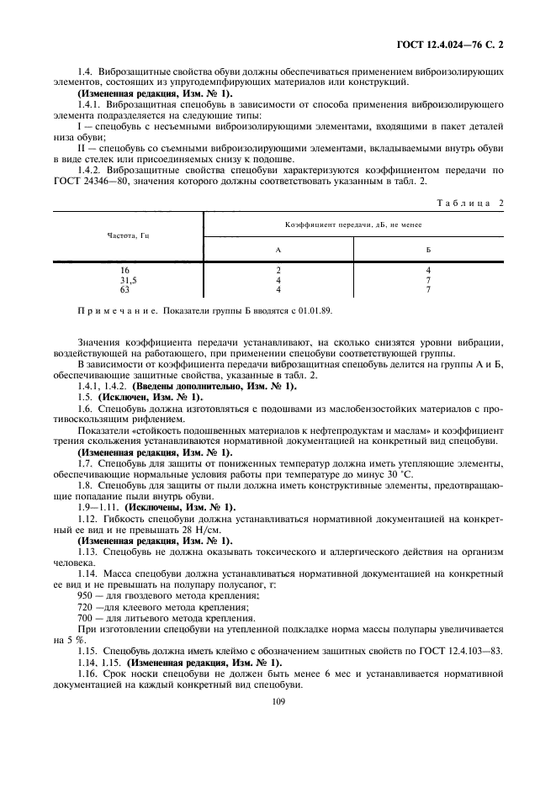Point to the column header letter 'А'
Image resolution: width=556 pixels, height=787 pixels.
coord(278,250)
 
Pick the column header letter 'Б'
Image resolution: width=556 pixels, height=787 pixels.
coord(428,250)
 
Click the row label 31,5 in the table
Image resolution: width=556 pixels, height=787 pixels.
coord(129,279)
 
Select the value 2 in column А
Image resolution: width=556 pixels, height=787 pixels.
coord(278,270)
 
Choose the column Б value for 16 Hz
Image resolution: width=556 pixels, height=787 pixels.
coord(428,270)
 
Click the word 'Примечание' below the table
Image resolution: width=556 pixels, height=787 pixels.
coord(114,310)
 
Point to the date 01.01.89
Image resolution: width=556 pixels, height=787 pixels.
coord(315,310)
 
